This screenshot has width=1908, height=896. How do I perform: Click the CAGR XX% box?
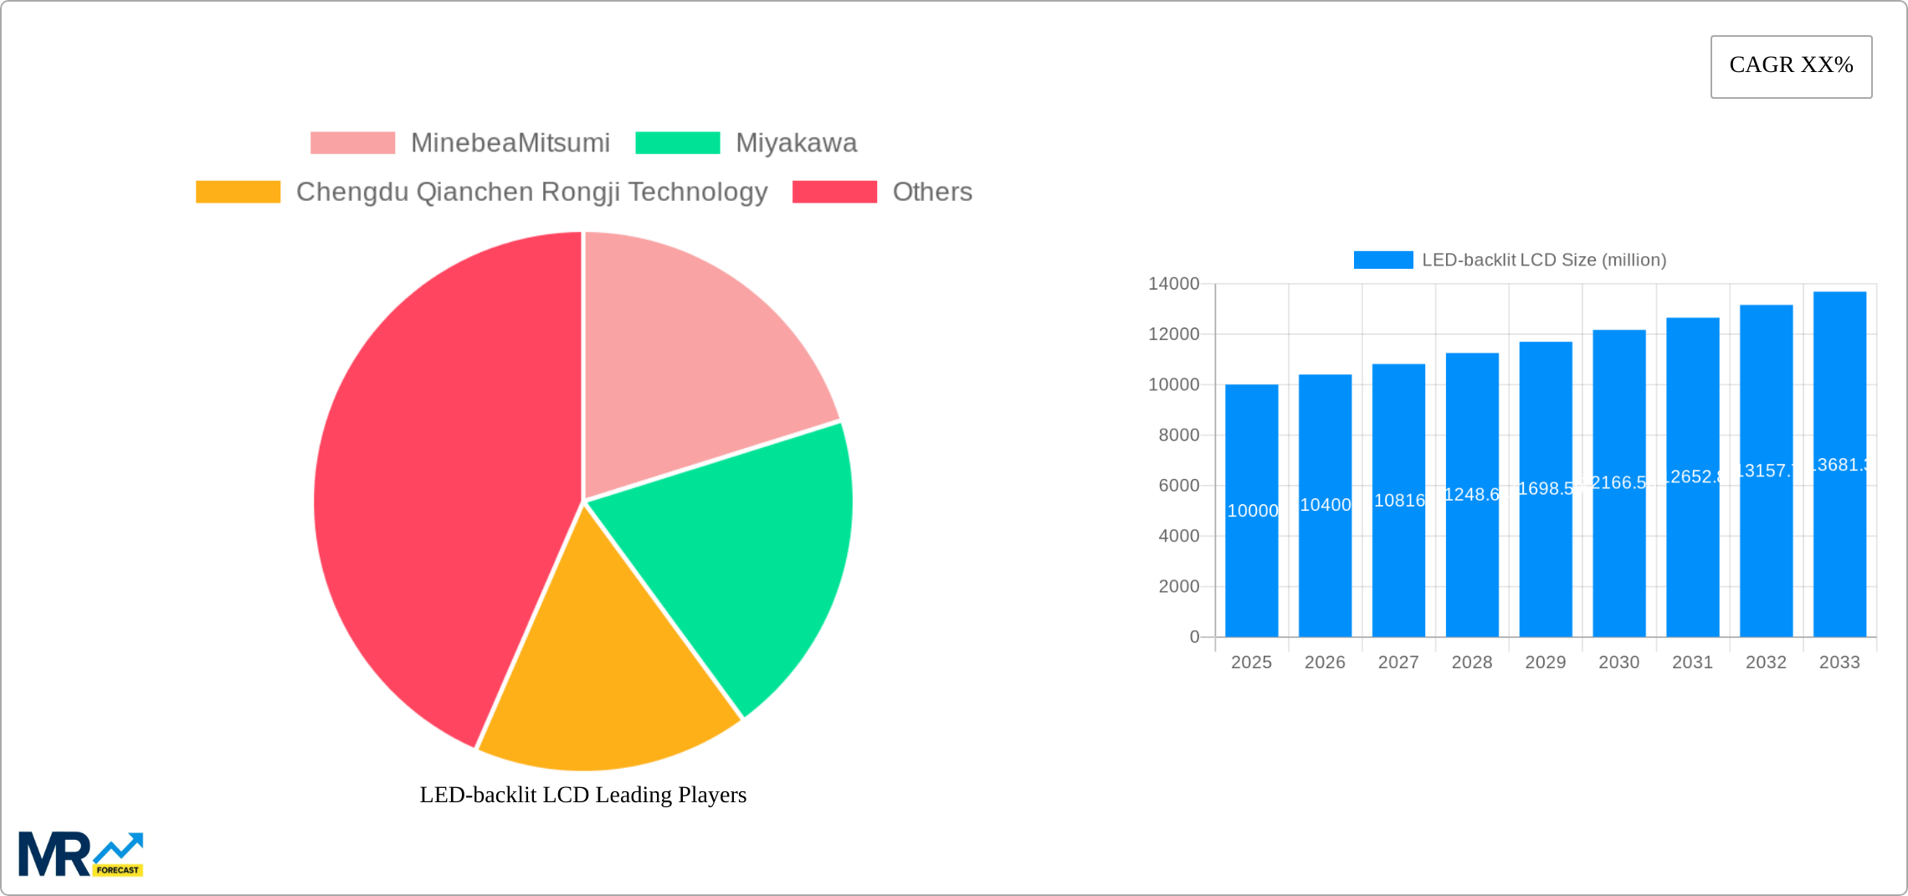[x=1791, y=66]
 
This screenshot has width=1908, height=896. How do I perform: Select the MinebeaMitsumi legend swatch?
[x=352, y=143]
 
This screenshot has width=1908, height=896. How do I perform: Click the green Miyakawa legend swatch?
[x=677, y=143]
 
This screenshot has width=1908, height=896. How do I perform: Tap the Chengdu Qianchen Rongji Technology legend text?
[x=531, y=192]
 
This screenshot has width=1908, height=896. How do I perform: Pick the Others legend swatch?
[x=834, y=192]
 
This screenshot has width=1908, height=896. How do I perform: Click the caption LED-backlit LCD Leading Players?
[x=582, y=795]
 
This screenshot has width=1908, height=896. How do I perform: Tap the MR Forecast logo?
[x=80, y=854]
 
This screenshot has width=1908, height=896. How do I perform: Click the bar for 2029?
[x=1546, y=569]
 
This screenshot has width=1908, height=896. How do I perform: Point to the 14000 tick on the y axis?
[x=1173, y=284]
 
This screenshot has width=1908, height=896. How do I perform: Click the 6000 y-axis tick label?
[x=1178, y=486]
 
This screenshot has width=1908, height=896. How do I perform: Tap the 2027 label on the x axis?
[x=1398, y=662]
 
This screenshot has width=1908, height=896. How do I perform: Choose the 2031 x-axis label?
[x=1692, y=662]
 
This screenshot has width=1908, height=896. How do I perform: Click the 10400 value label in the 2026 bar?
[x=1325, y=505]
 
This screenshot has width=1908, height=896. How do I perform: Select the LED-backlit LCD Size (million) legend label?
[x=1544, y=260]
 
